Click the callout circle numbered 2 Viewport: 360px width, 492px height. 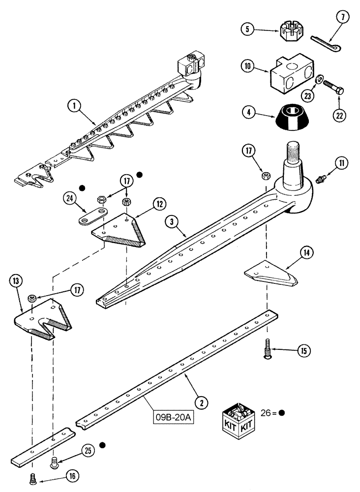(x=200, y=402)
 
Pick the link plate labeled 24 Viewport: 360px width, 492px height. (x=92, y=215)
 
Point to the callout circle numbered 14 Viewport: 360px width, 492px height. (x=306, y=254)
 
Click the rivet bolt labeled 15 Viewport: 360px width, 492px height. (x=266, y=351)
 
